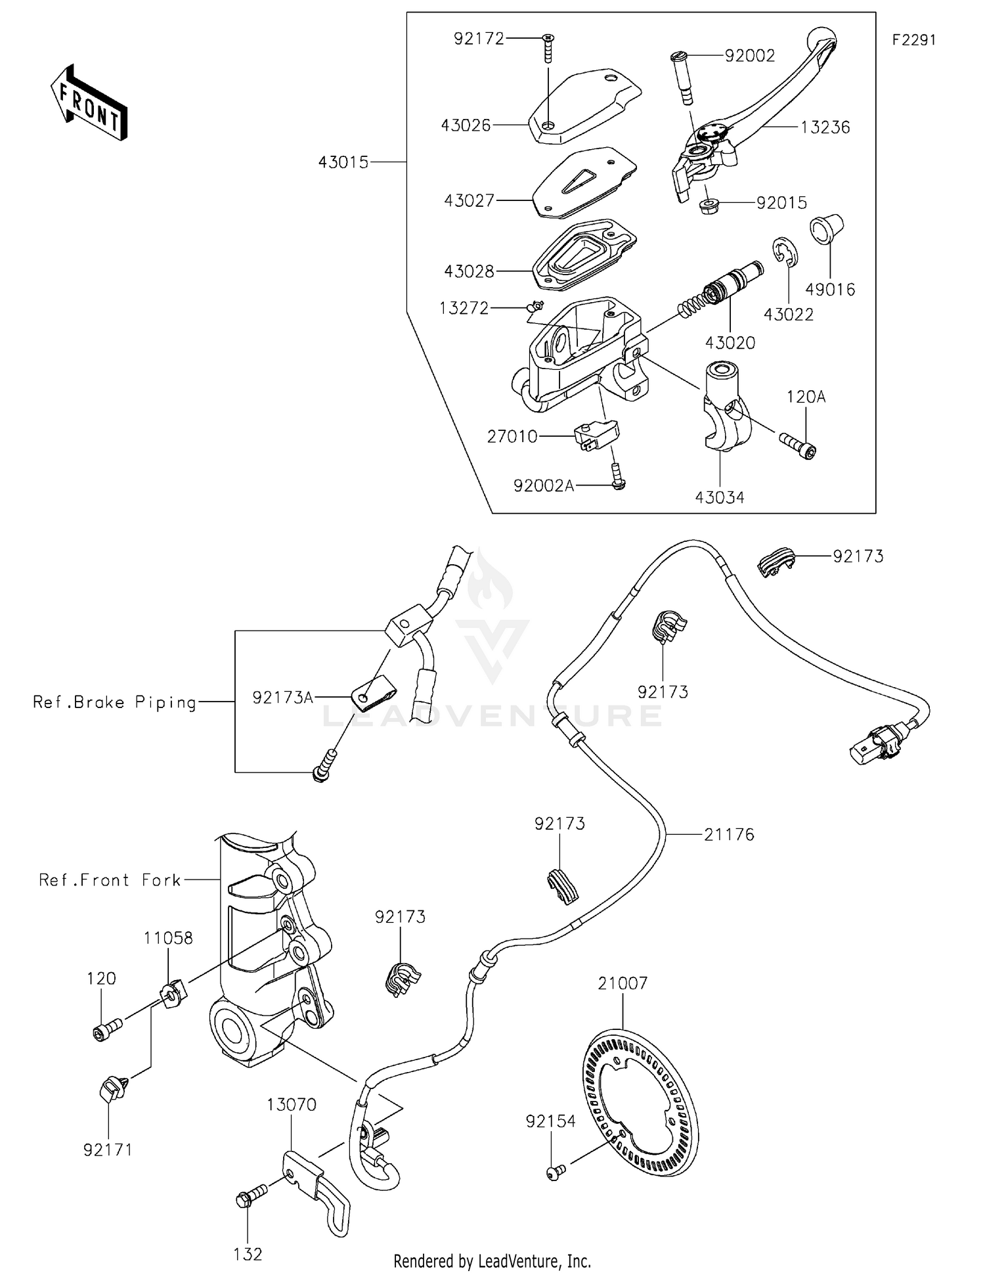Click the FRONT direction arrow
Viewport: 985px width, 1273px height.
pos(89,104)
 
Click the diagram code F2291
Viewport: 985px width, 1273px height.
pos(913,40)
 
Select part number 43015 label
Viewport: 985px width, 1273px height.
pos(343,162)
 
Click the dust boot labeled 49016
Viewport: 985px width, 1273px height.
pos(825,230)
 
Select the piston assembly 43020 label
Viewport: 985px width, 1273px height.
pos(730,342)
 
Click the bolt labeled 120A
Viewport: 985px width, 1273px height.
pos(797,445)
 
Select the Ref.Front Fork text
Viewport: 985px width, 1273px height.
pos(110,880)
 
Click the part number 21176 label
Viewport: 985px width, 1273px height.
pos(729,834)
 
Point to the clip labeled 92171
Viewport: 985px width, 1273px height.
pos(110,1091)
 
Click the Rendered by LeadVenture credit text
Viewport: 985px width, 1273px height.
pos(492,1261)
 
